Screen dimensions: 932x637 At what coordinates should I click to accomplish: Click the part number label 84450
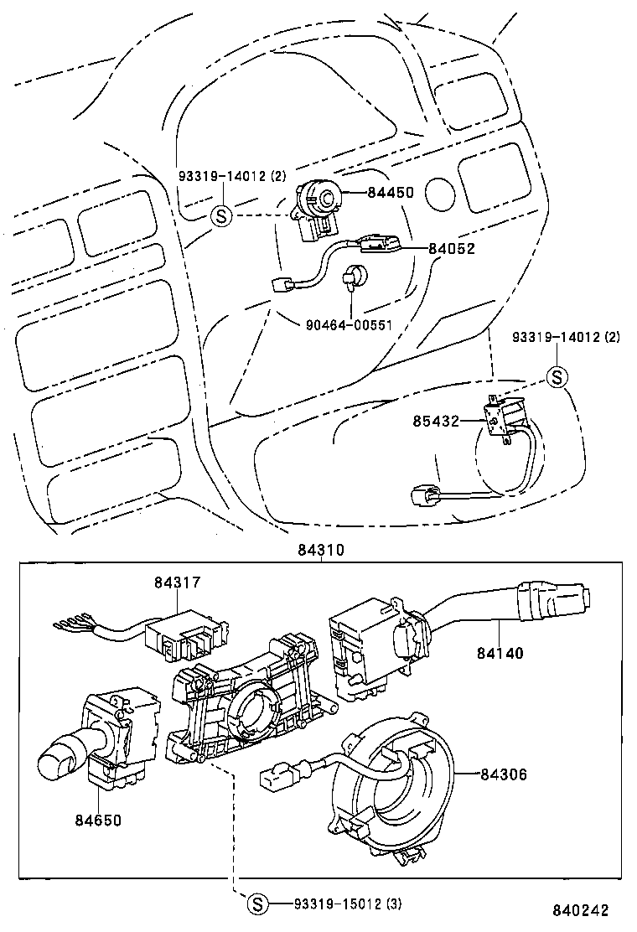coord(390,193)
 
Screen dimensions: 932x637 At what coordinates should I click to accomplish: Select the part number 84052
coord(451,248)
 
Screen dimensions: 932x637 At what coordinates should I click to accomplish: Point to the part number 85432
coord(435,421)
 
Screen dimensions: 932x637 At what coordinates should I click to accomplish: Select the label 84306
coord(504,774)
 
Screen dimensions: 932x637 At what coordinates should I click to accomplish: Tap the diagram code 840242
coord(580,910)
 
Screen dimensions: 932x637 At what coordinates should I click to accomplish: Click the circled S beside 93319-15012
coord(258,904)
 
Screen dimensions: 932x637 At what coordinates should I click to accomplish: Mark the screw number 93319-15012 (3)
coord(338,904)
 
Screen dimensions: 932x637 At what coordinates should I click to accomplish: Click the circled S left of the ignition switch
coord(220,215)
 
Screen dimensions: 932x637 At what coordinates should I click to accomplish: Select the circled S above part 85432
coord(558,377)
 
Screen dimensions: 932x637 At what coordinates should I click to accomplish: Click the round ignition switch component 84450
coord(322,199)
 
